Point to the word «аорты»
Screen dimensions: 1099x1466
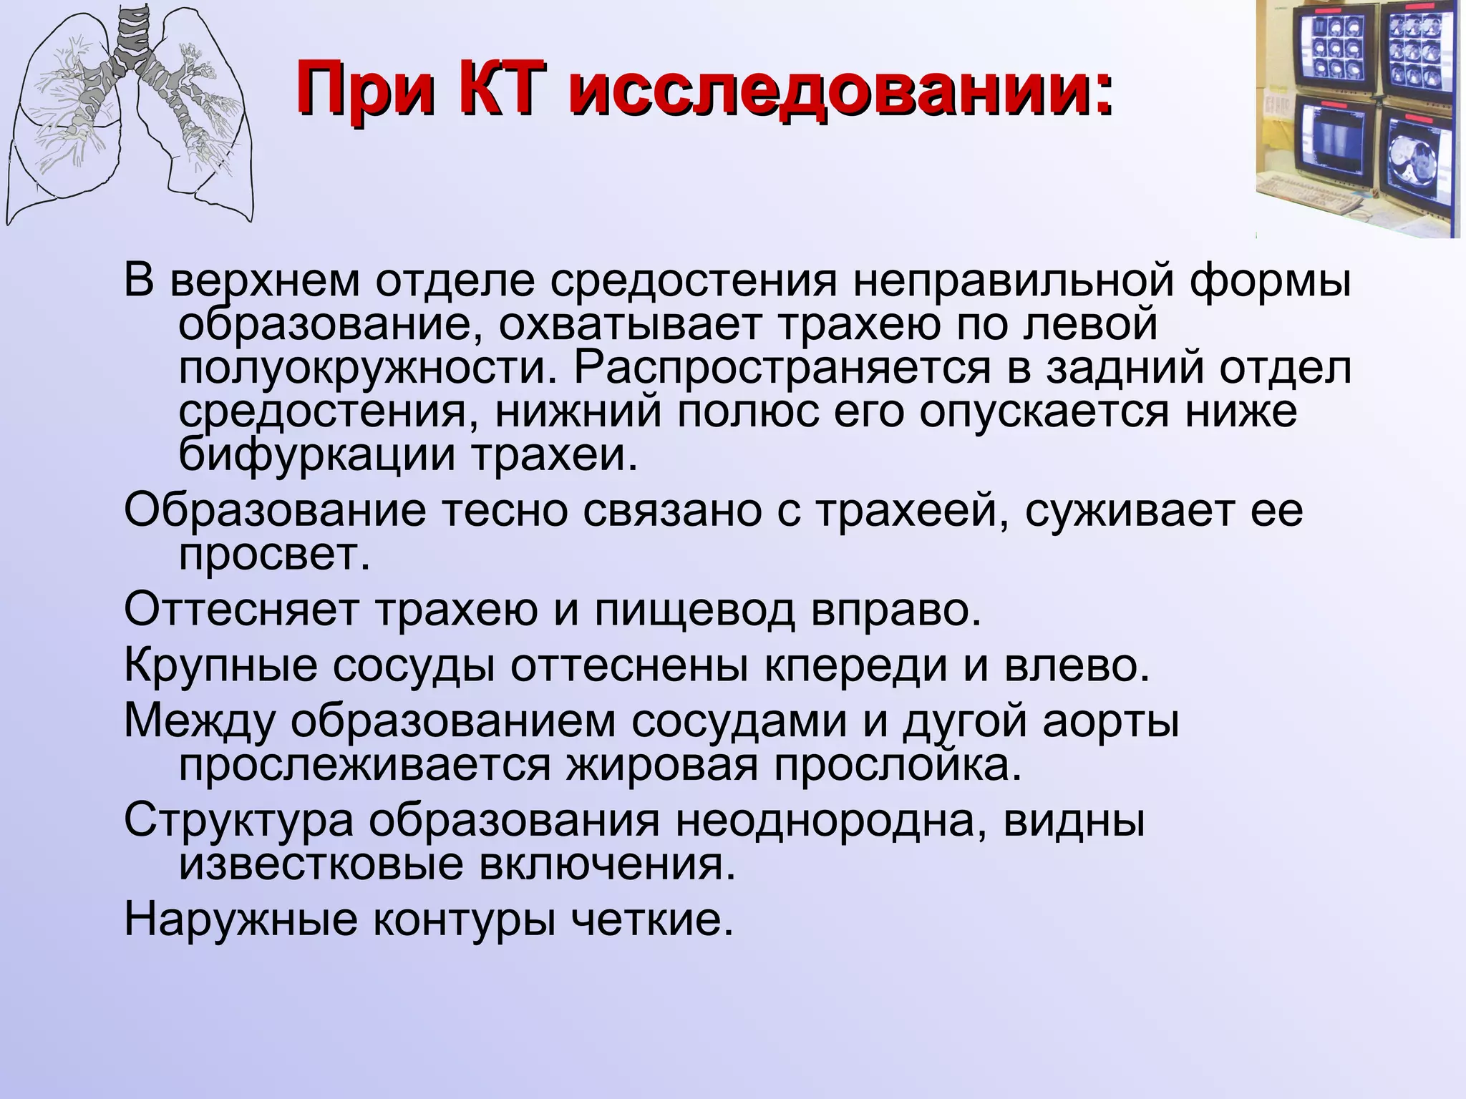[x=1110, y=722]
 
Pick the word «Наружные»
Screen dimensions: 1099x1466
[x=241, y=919]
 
